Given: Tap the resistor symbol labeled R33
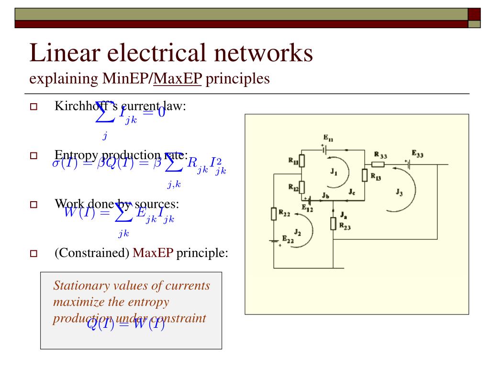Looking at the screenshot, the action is pyautogui.click(x=378, y=164).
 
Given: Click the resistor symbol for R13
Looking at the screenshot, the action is pyautogui.click(x=365, y=175).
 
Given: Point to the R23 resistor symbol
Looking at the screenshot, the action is pyautogui.click(x=334, y=223).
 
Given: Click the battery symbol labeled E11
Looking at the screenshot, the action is pyautogui.click(x=326, y=149).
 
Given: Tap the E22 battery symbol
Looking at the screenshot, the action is pyautogui.click(x=274, y=241).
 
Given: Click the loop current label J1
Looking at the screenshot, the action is pyautogui.click(x=334, y=173).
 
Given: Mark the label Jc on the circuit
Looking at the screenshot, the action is pyautogui.click(x=352, y=193).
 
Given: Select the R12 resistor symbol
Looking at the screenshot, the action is pyautogui.click(x=302, y=187).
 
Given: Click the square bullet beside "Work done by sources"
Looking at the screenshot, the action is pyautogui.click(x=34, y=205).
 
